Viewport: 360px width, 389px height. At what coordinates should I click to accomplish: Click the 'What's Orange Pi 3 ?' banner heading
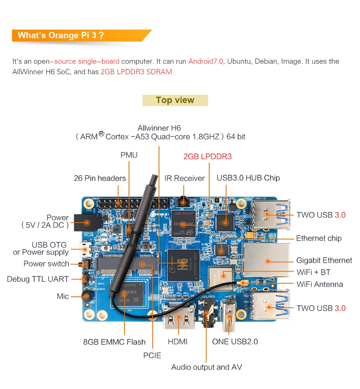60,36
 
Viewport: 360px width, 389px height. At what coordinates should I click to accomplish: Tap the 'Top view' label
175,100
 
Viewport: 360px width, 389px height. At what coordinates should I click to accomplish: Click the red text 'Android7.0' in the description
205,61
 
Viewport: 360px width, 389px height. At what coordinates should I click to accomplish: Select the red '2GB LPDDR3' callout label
207,156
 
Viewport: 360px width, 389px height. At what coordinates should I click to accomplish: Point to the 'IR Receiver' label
184,178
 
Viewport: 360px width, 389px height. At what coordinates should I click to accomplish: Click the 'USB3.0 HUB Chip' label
248,178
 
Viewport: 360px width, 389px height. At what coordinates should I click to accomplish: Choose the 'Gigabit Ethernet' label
324,260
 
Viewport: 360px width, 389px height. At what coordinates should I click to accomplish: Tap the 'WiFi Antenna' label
319,284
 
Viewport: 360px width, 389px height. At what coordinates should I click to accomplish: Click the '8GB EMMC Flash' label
114,342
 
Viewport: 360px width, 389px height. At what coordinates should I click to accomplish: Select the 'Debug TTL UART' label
38,279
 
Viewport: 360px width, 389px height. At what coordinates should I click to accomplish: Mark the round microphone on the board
87,296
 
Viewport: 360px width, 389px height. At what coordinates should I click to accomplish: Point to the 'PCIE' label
152,355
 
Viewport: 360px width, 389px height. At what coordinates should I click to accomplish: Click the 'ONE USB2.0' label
235,342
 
